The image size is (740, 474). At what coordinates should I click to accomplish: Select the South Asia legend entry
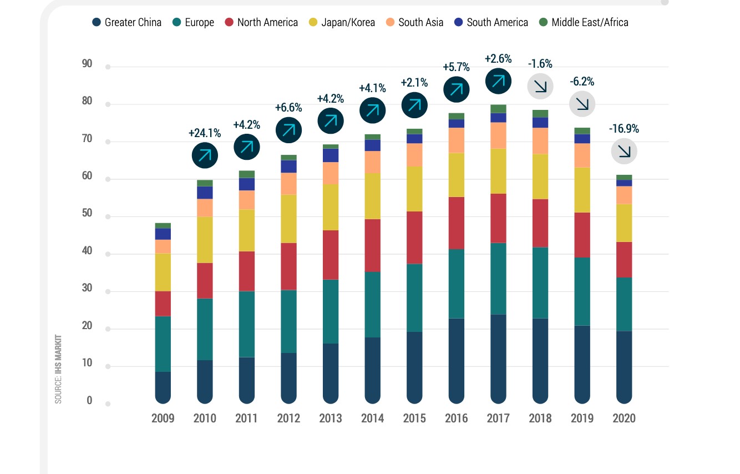pyautogui.click(x=415, y=22)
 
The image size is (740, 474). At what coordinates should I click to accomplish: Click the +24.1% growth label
pyautogui.click(x=205, y=133)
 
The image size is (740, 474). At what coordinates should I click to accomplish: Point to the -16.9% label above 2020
pyautogui.click(x=624, y=129)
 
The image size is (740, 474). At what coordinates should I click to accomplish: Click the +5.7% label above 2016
pyautogui.click(x=456, y=67)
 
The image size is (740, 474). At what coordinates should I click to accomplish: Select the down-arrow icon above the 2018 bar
pyautogui.click(x=540, y=86)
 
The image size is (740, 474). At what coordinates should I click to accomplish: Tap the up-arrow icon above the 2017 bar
pyautogui.click(x=498, y=81)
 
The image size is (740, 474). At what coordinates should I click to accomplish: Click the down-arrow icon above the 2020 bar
pyautogui.click(x=624, y=151)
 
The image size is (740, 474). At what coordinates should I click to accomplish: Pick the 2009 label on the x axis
pyautogui.click(x=163, y=418)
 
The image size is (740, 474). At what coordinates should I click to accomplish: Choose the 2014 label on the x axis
pyautogui.click(x=372, y=418)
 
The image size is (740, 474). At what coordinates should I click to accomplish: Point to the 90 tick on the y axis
pyautogui.click(x=87, y=64)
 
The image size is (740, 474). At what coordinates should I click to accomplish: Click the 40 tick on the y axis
pyautogui.click(x=87, y=251)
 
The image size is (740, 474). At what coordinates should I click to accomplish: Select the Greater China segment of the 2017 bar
pyautogui.click(x=498, y=355)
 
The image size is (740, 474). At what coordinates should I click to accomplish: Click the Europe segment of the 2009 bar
pyautogui.click(x=163, y=344)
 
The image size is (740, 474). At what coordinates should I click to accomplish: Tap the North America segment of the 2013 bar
pyautogui.click(x=331, y=255)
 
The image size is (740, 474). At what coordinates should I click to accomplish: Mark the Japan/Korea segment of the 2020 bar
pyautogui.click(x=624, y=223)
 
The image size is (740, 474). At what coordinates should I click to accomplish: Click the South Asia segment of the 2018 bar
pyautogui.click(x=540, y=141)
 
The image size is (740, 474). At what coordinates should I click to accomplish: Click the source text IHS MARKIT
pyautogui.click(x=58, y=369)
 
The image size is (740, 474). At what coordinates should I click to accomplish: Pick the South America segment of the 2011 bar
pyautogui.click(x=247, y=184)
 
